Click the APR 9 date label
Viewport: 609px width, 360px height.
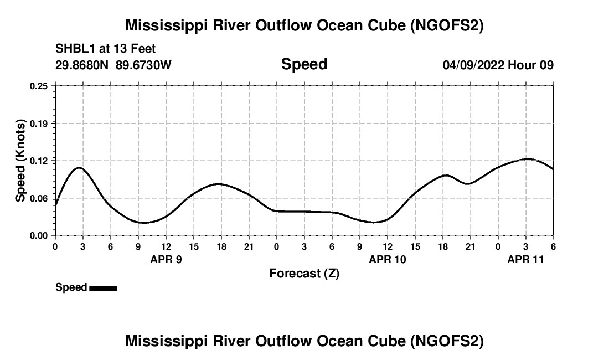(166, 259)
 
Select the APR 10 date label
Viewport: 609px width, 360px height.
(388, 259)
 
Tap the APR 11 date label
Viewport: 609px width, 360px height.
(526, 259)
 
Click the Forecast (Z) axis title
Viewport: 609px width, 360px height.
(304, 273)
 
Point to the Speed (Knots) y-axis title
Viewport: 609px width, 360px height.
(20, 161)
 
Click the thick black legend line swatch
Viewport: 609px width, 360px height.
(103, 288)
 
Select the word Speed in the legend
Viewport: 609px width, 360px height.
(71, 287)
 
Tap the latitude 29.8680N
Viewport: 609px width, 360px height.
(82, 65)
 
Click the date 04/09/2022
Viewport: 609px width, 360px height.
(473, 65)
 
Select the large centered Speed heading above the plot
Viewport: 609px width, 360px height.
(304, 64)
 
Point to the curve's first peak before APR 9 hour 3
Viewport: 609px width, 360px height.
(79, 167)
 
